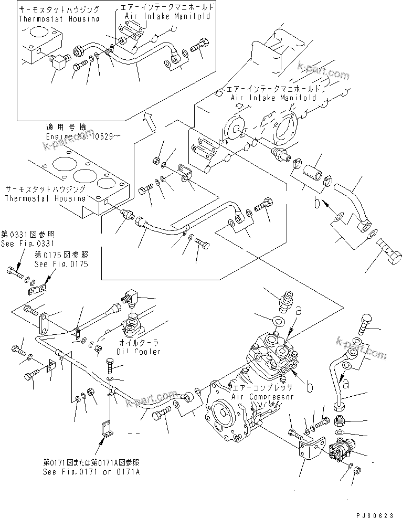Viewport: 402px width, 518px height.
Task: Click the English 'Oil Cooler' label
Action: (139, 351)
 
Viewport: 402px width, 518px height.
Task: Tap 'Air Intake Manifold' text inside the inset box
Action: (167, 16)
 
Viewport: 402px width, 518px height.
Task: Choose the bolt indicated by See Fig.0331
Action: (14, 272)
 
